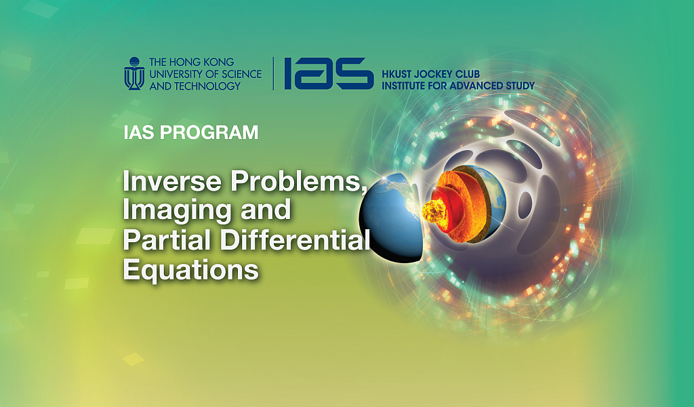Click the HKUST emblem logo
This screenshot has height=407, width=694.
point(134,73)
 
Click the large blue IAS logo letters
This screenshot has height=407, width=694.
point(329,73)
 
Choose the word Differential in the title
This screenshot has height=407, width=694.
point(295,239)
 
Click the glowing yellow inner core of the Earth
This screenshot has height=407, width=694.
point(433,211)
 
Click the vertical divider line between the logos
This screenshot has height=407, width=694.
point(273,73)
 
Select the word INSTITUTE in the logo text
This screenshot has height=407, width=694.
point(403,85)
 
